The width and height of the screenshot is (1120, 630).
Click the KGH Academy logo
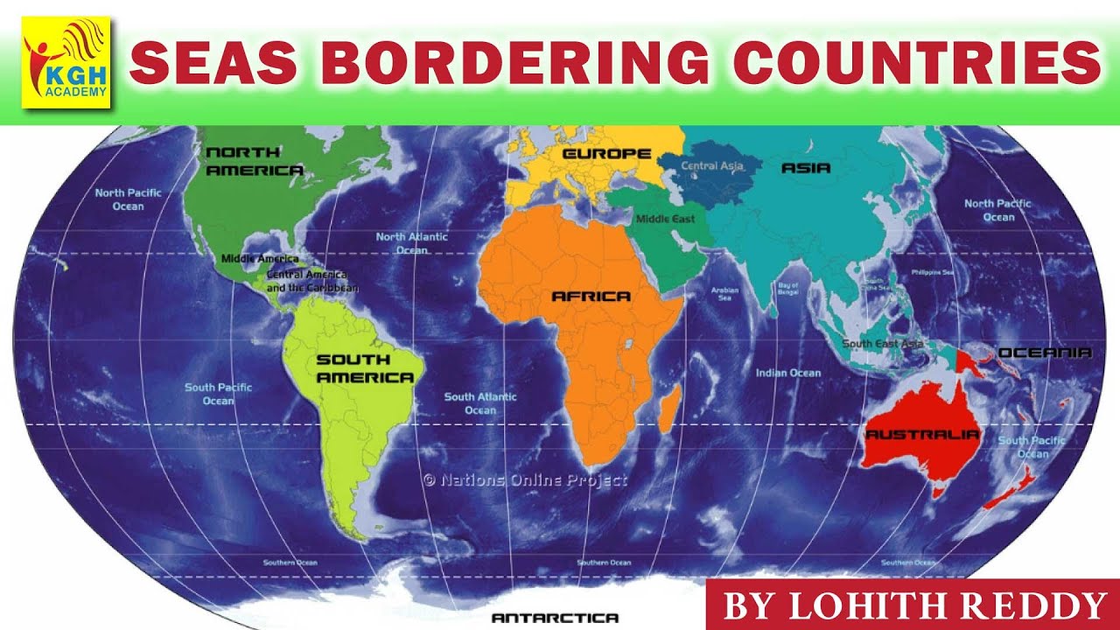click(x=66, y=61)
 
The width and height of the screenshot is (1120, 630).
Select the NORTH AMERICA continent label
click(x=254, y=161)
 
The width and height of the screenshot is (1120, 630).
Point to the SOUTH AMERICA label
click(x=364, y=368)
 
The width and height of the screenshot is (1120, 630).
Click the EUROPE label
click(x=606, y=154)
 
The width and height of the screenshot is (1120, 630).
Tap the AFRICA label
click(x=591, y=297)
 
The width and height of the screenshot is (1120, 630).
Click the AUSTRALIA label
click(x=921, y=434)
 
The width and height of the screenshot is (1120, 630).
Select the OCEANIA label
click(x=1045, y=353)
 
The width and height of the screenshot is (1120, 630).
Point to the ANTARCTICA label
click(x=555, y=618)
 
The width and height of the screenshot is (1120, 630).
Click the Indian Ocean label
click(x=788, y=374)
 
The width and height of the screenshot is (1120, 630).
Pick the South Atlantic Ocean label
click(x=480, y=403)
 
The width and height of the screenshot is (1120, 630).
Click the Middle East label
click(x=665, y=219)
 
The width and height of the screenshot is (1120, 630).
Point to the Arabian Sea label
click(x=724, y=294)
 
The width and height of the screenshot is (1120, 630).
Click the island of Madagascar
click(x=668, y=411)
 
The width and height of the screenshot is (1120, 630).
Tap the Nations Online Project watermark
click(x=525, y=479)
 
